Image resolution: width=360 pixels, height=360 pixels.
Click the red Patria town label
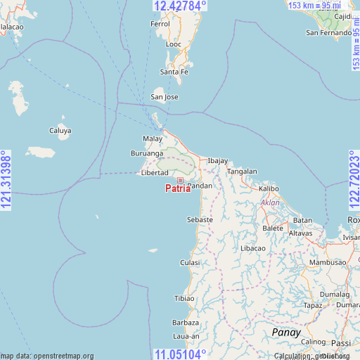(177, 188)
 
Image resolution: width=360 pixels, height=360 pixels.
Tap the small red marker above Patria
(180, 181)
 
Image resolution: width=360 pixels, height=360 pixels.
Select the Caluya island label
(60, 130)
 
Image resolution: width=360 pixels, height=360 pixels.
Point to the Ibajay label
(217, 161)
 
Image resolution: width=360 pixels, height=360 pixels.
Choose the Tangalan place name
(242, 171)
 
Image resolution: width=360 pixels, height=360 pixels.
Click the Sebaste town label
(200, 219)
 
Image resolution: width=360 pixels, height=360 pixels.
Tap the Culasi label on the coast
(190, 262)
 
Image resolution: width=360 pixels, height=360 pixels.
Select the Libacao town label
(253, 248)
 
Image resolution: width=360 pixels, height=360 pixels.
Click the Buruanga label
(147, 153)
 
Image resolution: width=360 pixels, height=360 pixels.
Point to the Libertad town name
(155, 172)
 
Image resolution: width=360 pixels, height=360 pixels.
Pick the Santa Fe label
(174, 72)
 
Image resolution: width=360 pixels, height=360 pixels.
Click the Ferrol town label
(160, 24)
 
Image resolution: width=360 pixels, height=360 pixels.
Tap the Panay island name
(286, 332)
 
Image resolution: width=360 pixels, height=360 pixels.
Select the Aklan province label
(270, 202)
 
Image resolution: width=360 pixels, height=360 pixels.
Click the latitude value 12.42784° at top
(180, 6)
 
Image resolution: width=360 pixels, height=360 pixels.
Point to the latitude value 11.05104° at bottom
(180, 354)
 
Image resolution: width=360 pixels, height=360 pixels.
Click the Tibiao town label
(184, 298)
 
